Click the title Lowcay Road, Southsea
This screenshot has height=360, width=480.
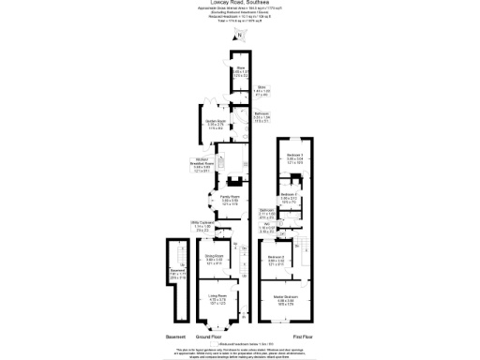tap(239, 4)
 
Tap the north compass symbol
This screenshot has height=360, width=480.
tap(239, 36)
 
